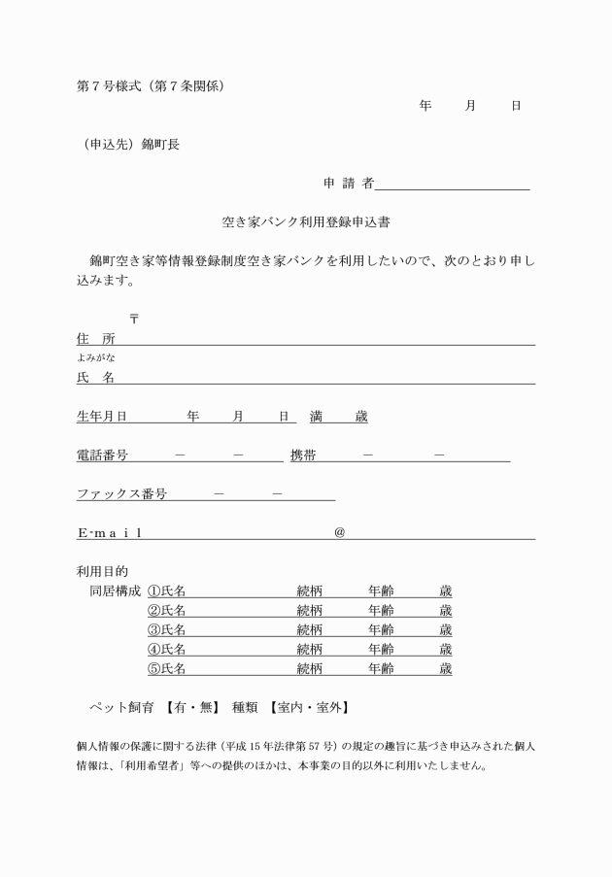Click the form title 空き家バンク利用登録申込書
[306, 221]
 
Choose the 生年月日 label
[101, 417]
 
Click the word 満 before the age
[317, 417]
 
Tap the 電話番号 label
[101, 455]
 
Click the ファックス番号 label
[121, 493]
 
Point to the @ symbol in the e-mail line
[339, 532]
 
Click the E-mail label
[109, 532]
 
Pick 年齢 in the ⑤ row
[381, 668]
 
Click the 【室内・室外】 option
[309, 707]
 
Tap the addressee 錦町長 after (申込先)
[160, 145]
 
